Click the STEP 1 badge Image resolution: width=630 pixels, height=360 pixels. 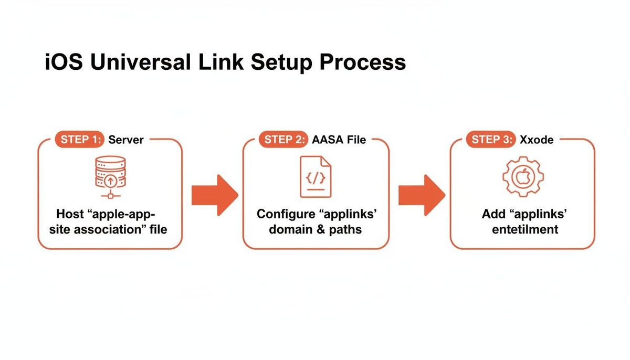(80, 140)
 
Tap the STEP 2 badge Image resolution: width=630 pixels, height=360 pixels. (283, 140)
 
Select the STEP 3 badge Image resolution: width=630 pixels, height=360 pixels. (491, 140)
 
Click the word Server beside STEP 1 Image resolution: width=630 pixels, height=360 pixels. (125, 140)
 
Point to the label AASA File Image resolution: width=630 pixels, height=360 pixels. (339, 140)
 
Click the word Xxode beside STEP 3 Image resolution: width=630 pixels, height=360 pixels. (537, 140)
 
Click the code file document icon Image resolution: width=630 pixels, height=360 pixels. (316, 177)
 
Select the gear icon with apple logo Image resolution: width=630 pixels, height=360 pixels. (523, 177)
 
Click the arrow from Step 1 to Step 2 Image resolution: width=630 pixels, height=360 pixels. (215, 195)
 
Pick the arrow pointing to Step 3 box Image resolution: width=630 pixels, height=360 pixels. (422, 195)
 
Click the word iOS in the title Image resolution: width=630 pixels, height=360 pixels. (64, 62)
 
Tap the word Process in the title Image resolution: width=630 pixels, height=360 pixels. (363, 62)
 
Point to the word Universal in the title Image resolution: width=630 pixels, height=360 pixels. (141, 62)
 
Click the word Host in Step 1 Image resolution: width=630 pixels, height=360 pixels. (70, 214)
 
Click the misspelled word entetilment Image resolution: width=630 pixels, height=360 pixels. (525, 229)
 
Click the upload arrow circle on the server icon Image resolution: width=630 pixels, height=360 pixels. (111, 181)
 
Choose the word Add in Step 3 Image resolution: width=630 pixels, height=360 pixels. (493, 214)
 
